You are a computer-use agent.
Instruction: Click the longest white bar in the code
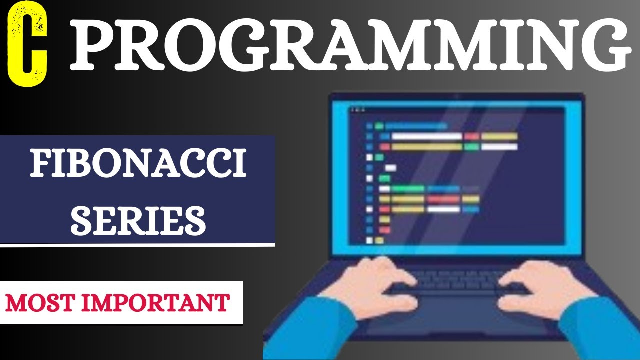427,136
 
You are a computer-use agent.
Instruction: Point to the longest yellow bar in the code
427,147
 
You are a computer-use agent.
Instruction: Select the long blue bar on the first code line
416,126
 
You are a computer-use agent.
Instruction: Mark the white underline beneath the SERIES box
138,245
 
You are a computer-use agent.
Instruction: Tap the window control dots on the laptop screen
357,109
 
